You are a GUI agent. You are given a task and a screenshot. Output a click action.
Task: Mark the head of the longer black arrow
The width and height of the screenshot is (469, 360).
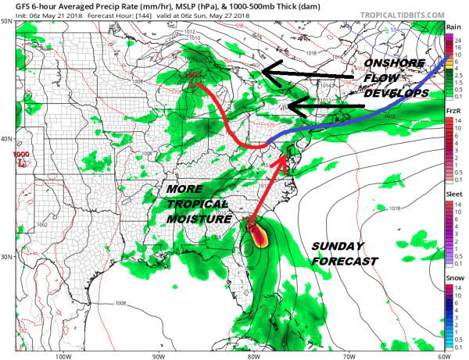coord(263,72)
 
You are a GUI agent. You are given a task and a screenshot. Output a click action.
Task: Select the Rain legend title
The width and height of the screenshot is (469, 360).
coord(453,28)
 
